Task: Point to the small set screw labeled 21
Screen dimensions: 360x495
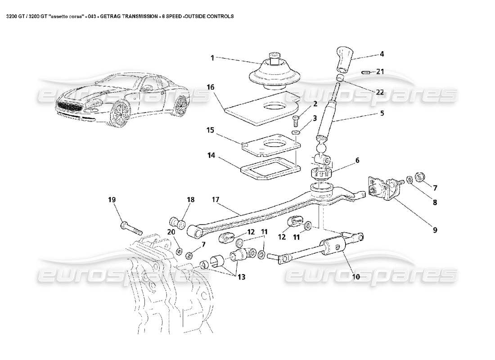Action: pyautogui.click(x=366, y=72)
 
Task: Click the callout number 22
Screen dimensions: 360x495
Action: pyautogui.click(x=380, y=92)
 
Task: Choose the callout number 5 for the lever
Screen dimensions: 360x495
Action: pyautogui.click(x=382, y=114)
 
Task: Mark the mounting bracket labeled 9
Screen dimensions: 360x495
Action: pyautogui.click(x=384, y=189)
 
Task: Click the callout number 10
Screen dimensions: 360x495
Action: pyautogui.click(x=355, y=277)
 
